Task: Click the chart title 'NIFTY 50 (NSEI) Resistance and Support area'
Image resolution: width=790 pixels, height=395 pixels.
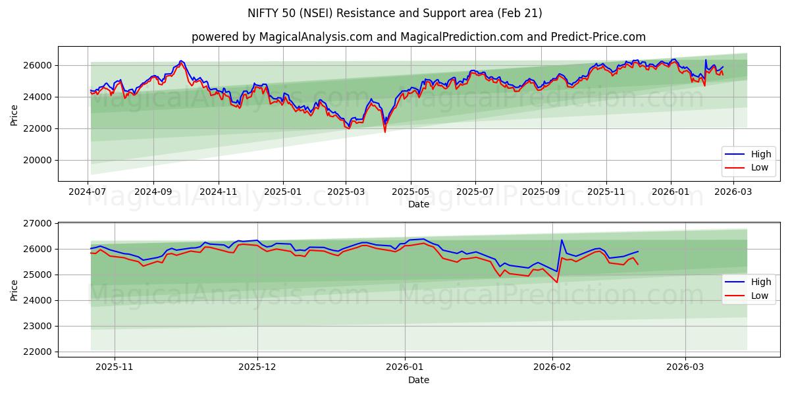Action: coord(394,13)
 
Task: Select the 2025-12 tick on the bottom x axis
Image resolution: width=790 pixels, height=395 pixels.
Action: coord(257,367)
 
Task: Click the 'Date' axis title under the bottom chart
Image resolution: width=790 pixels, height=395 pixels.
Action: coord(418,380)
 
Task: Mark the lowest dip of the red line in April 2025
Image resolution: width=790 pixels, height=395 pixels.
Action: coord(385,132)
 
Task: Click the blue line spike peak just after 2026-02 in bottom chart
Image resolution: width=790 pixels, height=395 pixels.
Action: coord(562,240)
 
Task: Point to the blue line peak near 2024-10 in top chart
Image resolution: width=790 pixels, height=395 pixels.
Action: coord(180,61)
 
